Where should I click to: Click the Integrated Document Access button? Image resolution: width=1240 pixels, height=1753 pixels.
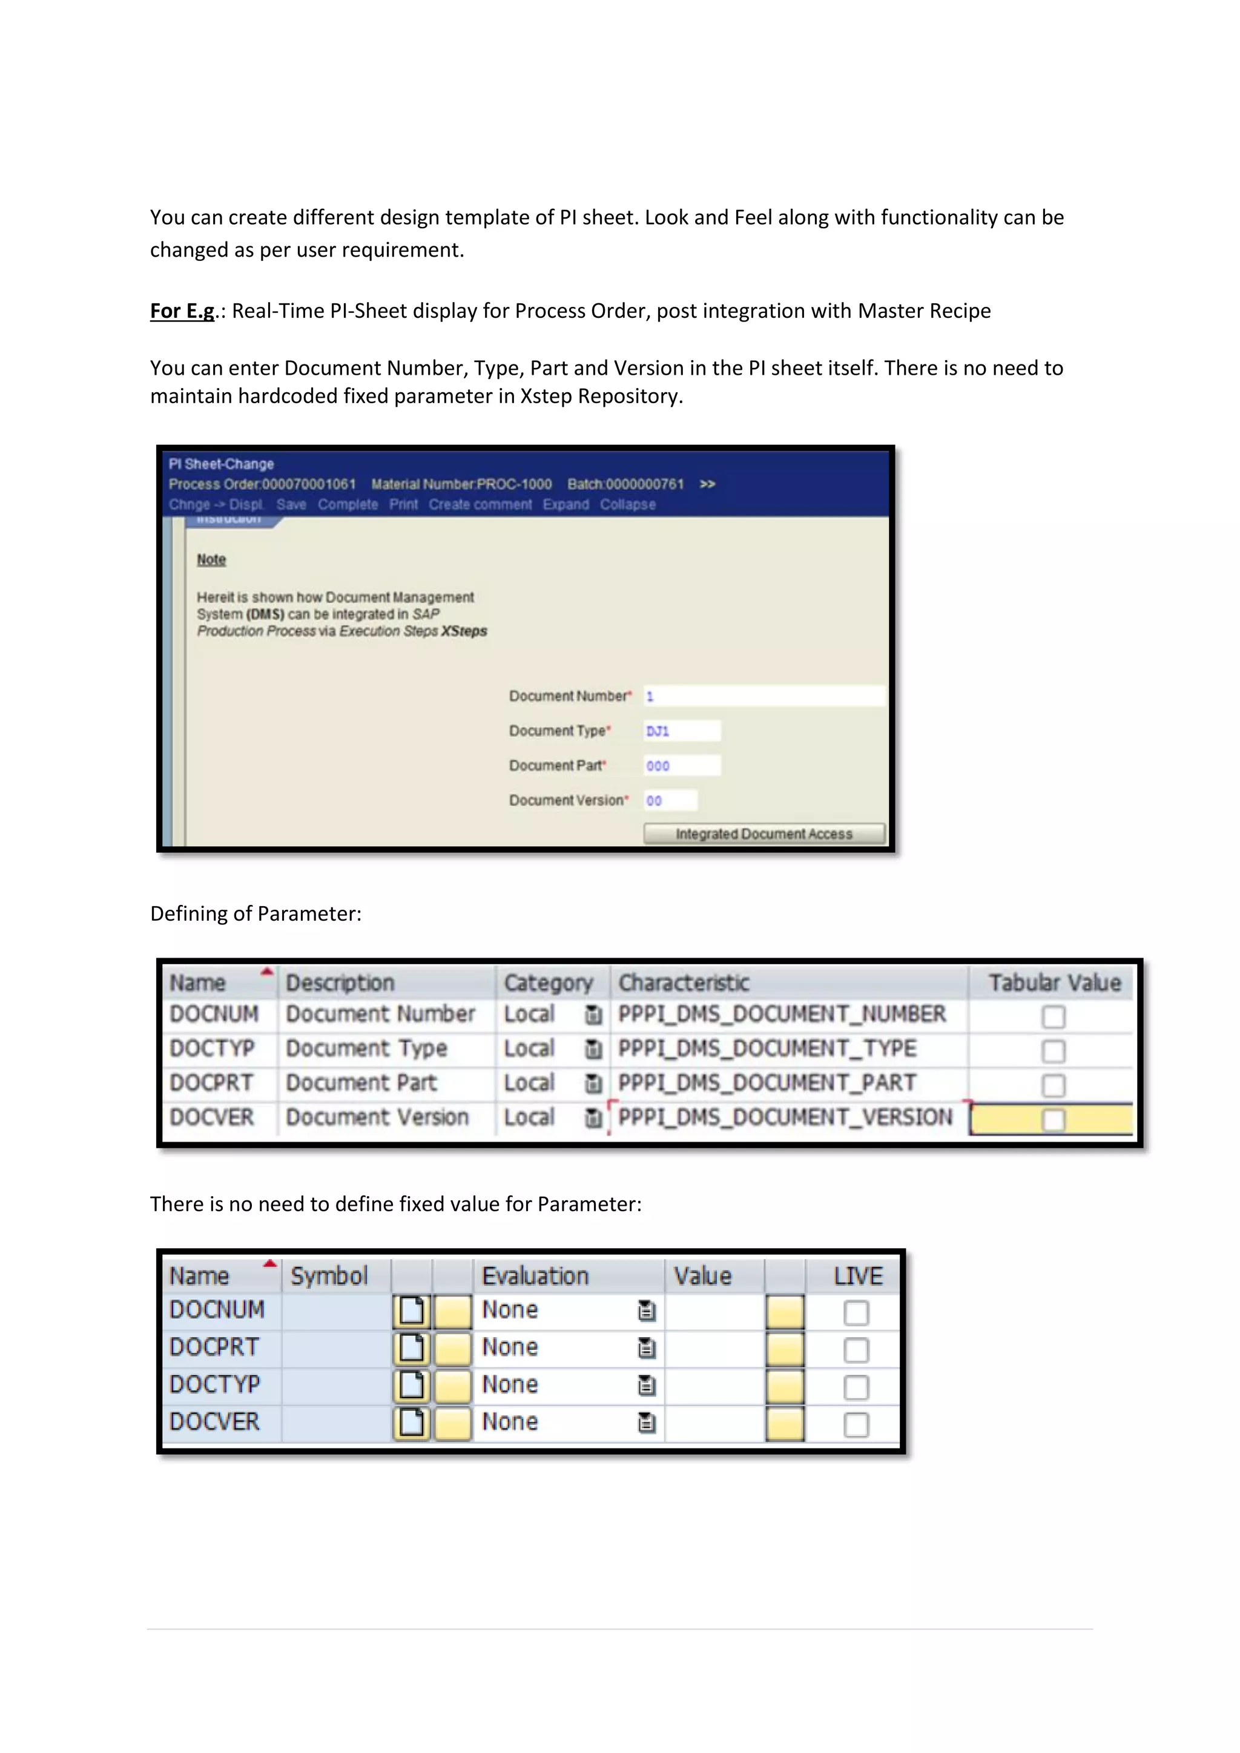click(763, 834)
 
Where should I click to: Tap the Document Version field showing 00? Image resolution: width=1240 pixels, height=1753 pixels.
click(670, 800)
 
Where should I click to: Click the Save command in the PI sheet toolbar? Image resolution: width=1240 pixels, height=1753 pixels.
click(291, 505)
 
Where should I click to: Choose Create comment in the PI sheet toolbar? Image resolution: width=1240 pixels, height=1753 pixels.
click(480, 505)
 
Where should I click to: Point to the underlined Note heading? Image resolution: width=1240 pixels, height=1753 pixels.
click(211, 560)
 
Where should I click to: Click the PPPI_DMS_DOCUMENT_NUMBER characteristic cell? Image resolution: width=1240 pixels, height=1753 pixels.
click(781, 1014)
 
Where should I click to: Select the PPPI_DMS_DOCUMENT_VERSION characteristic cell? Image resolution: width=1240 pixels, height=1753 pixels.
click(785, 1118)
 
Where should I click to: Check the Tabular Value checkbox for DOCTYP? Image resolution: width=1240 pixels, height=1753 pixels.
click(1053, 1051)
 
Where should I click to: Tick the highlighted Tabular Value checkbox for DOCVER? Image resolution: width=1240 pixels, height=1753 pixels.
click(1053, 1120)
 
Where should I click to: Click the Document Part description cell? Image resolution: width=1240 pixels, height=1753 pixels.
click(361, 1083)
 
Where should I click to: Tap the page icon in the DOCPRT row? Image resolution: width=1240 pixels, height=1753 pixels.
click(412, 1348)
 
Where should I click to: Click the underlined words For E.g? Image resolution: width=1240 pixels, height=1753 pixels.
click(182, 312)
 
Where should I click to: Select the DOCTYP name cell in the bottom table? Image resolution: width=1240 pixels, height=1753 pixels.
click(214, 1384)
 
